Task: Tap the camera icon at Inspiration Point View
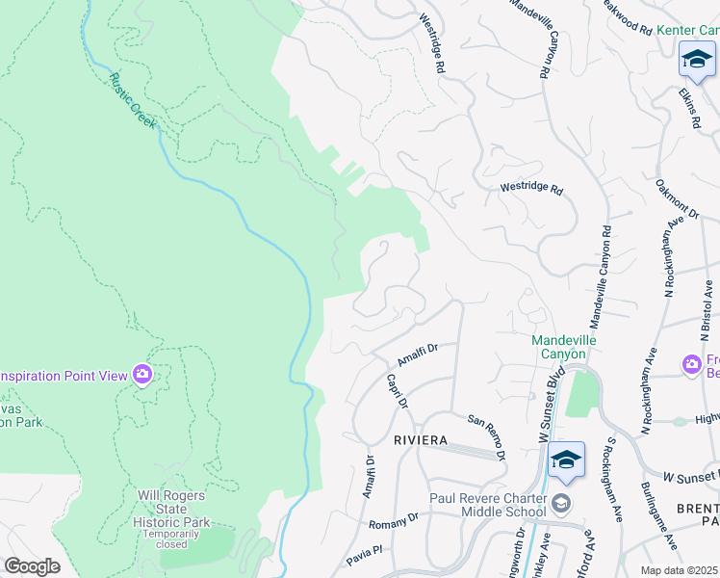coord(142,374)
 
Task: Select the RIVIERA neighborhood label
coord(421,440)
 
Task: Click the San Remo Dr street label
coord(487,436)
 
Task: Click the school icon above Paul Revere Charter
coord(567,460)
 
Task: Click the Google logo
coord(32,566)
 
